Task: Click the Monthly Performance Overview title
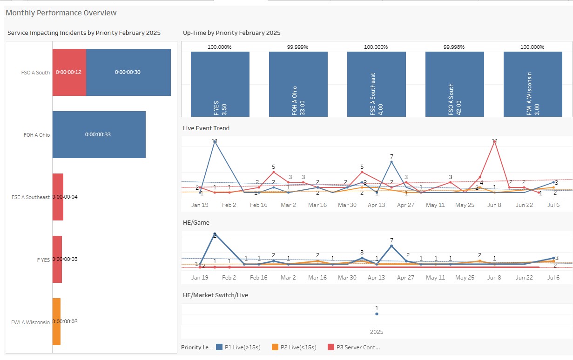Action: coord(61,13)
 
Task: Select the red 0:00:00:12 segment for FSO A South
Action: coord(69,72)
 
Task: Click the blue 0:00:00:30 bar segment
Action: coord(128,72)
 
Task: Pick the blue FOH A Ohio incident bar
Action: coord(99,134)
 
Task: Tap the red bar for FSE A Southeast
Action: coord(58,197)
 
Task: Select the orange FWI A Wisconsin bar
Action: coord(56,321)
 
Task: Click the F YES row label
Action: coord(43,259)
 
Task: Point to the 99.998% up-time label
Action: coord(454,47)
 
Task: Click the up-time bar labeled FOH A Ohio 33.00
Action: coord(298,84)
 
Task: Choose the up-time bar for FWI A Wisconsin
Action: coord(533,84)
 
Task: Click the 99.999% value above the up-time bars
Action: coord(297,47)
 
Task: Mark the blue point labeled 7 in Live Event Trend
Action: coord(391,162)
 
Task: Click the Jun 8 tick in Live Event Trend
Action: coord(494,205)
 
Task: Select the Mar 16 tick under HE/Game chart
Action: coord(317,278)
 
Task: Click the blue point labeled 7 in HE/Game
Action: coord(391,246)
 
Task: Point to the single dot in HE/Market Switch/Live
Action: coord(377,314)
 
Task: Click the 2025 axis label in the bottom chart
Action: coord(377,332)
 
